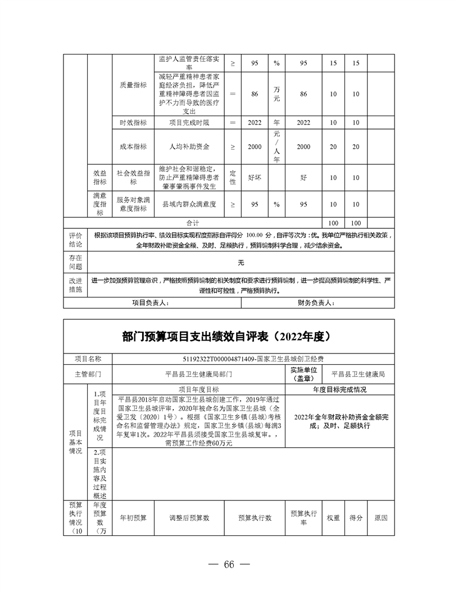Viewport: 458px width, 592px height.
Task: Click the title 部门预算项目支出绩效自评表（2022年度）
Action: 229,337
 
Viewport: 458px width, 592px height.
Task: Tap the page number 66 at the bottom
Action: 229,564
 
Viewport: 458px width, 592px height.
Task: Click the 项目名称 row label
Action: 88,359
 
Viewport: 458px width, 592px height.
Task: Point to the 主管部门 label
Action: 88,374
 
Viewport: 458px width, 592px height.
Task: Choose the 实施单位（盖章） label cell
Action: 304,374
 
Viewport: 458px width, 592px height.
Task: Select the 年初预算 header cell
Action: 133,517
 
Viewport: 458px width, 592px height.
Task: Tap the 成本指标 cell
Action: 133,146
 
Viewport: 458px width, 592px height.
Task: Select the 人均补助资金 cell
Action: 189,146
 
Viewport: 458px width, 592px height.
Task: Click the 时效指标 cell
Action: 133,122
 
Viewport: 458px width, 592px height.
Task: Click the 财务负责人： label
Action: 316,303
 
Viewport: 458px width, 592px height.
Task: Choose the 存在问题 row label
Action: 75,262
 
